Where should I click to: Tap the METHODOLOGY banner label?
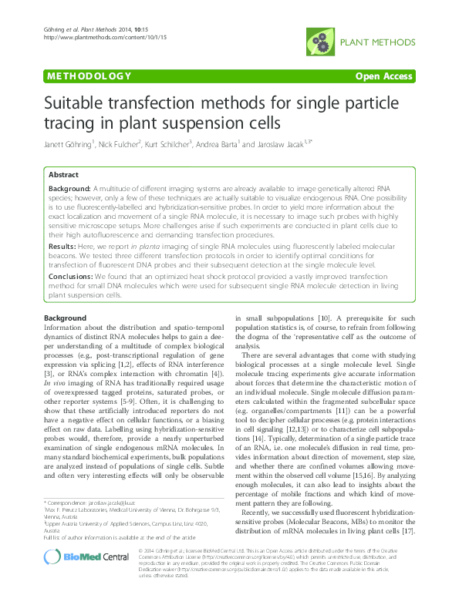point(88,76)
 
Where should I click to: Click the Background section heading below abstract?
point(66,318)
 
